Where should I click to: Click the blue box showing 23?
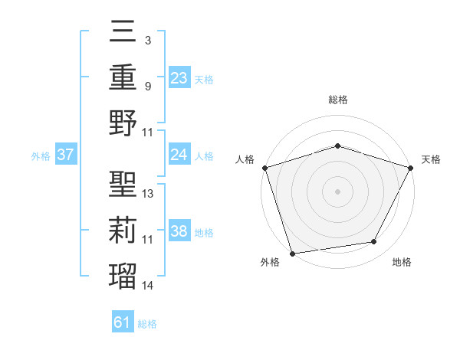(179, 77)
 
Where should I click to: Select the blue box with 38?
(179, 231)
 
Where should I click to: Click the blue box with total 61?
(123, 323)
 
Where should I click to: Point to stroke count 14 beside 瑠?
(148, 286)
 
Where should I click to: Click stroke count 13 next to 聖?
(148, 194)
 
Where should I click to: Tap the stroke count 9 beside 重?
(147, 87)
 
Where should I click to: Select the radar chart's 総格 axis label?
(337, 100)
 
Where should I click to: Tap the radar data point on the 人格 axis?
(264, 168)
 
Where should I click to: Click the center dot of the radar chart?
(337, 191)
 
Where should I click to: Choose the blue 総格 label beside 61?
(147, 324)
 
